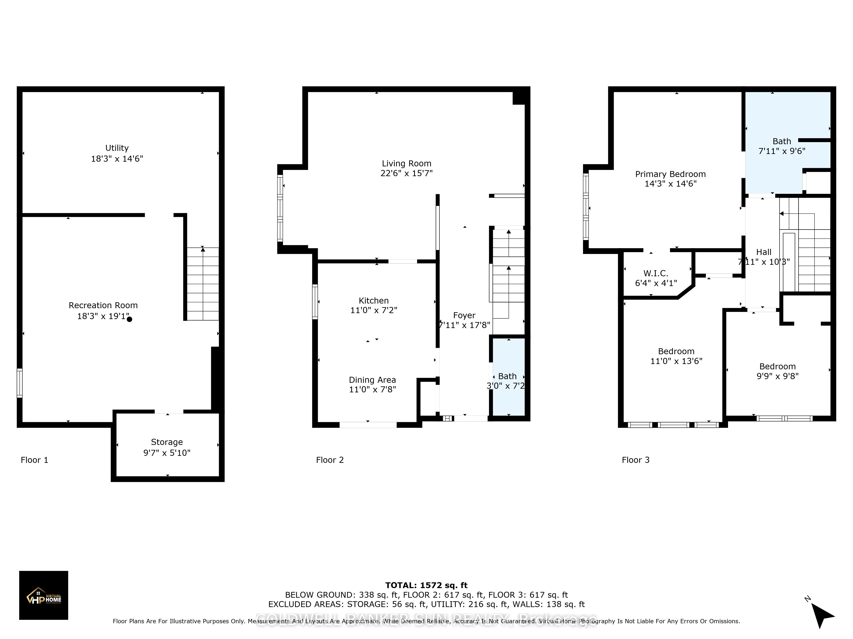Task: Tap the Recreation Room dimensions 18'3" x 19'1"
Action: tap(103, 316)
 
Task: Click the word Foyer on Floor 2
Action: tap(464, 315)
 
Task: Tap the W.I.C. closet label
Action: tap(656, 273)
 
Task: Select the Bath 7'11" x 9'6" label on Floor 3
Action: tap(782, 146)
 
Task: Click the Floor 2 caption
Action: tap(330, 460)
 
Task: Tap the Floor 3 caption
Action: tap(635, 460)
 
